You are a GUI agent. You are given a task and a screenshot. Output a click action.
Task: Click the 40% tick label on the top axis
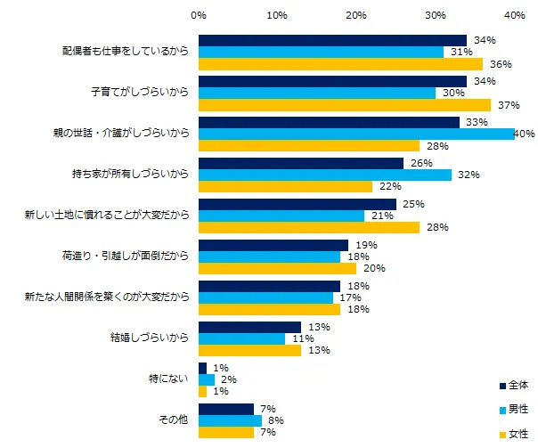click(514, 15)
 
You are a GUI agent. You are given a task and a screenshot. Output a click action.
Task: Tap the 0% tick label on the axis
click(199, 15)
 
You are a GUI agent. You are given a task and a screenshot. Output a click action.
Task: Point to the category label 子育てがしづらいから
click(140, 93)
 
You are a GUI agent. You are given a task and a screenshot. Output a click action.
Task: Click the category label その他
click(171, 420)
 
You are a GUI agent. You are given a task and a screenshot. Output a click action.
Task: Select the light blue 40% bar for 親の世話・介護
click(356, 134)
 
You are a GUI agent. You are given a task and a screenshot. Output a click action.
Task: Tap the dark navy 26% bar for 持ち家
click(301, 163)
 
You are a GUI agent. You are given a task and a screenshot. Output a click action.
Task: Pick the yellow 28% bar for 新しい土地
click(309, 227)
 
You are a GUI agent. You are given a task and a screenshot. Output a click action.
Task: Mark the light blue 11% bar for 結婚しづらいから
click(241, 338)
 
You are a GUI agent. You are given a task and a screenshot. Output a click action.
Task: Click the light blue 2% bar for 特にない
click(207, 379)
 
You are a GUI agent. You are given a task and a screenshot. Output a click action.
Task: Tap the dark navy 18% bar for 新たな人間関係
click(269, 286)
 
